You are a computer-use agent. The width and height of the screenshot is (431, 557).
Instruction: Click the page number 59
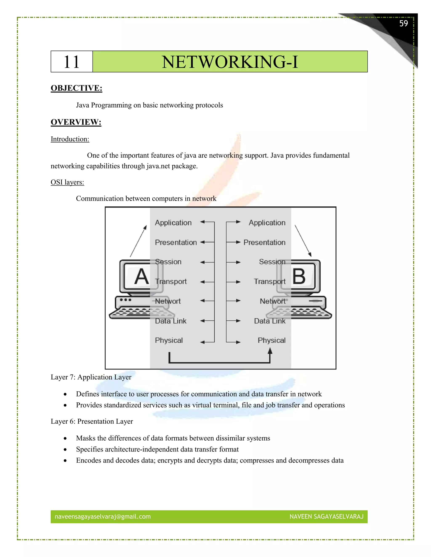[403, 24]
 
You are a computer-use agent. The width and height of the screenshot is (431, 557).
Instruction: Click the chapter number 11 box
[72, 62]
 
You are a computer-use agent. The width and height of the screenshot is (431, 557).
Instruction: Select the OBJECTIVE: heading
[76, 88]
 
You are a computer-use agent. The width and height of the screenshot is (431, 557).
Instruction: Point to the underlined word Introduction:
[70, 139]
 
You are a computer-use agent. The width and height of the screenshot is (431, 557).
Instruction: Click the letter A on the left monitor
[141, 277]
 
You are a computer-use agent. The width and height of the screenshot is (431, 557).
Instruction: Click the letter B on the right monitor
[299, 276]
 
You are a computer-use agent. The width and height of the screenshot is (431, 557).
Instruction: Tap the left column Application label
[173, 223]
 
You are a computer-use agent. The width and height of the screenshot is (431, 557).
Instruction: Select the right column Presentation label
[264, 242]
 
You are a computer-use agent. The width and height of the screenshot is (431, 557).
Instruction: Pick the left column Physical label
[169, 340]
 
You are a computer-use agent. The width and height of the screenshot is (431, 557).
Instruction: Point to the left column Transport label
[171, 282]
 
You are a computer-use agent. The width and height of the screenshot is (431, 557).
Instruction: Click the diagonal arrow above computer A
[138, 241]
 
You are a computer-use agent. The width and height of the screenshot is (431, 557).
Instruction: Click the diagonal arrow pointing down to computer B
[303, 241]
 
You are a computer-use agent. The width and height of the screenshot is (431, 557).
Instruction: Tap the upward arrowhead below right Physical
[270, 351]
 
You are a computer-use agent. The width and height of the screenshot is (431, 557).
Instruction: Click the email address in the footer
[103, 516]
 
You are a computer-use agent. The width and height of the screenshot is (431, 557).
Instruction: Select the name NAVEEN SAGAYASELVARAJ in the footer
[326, 516]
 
